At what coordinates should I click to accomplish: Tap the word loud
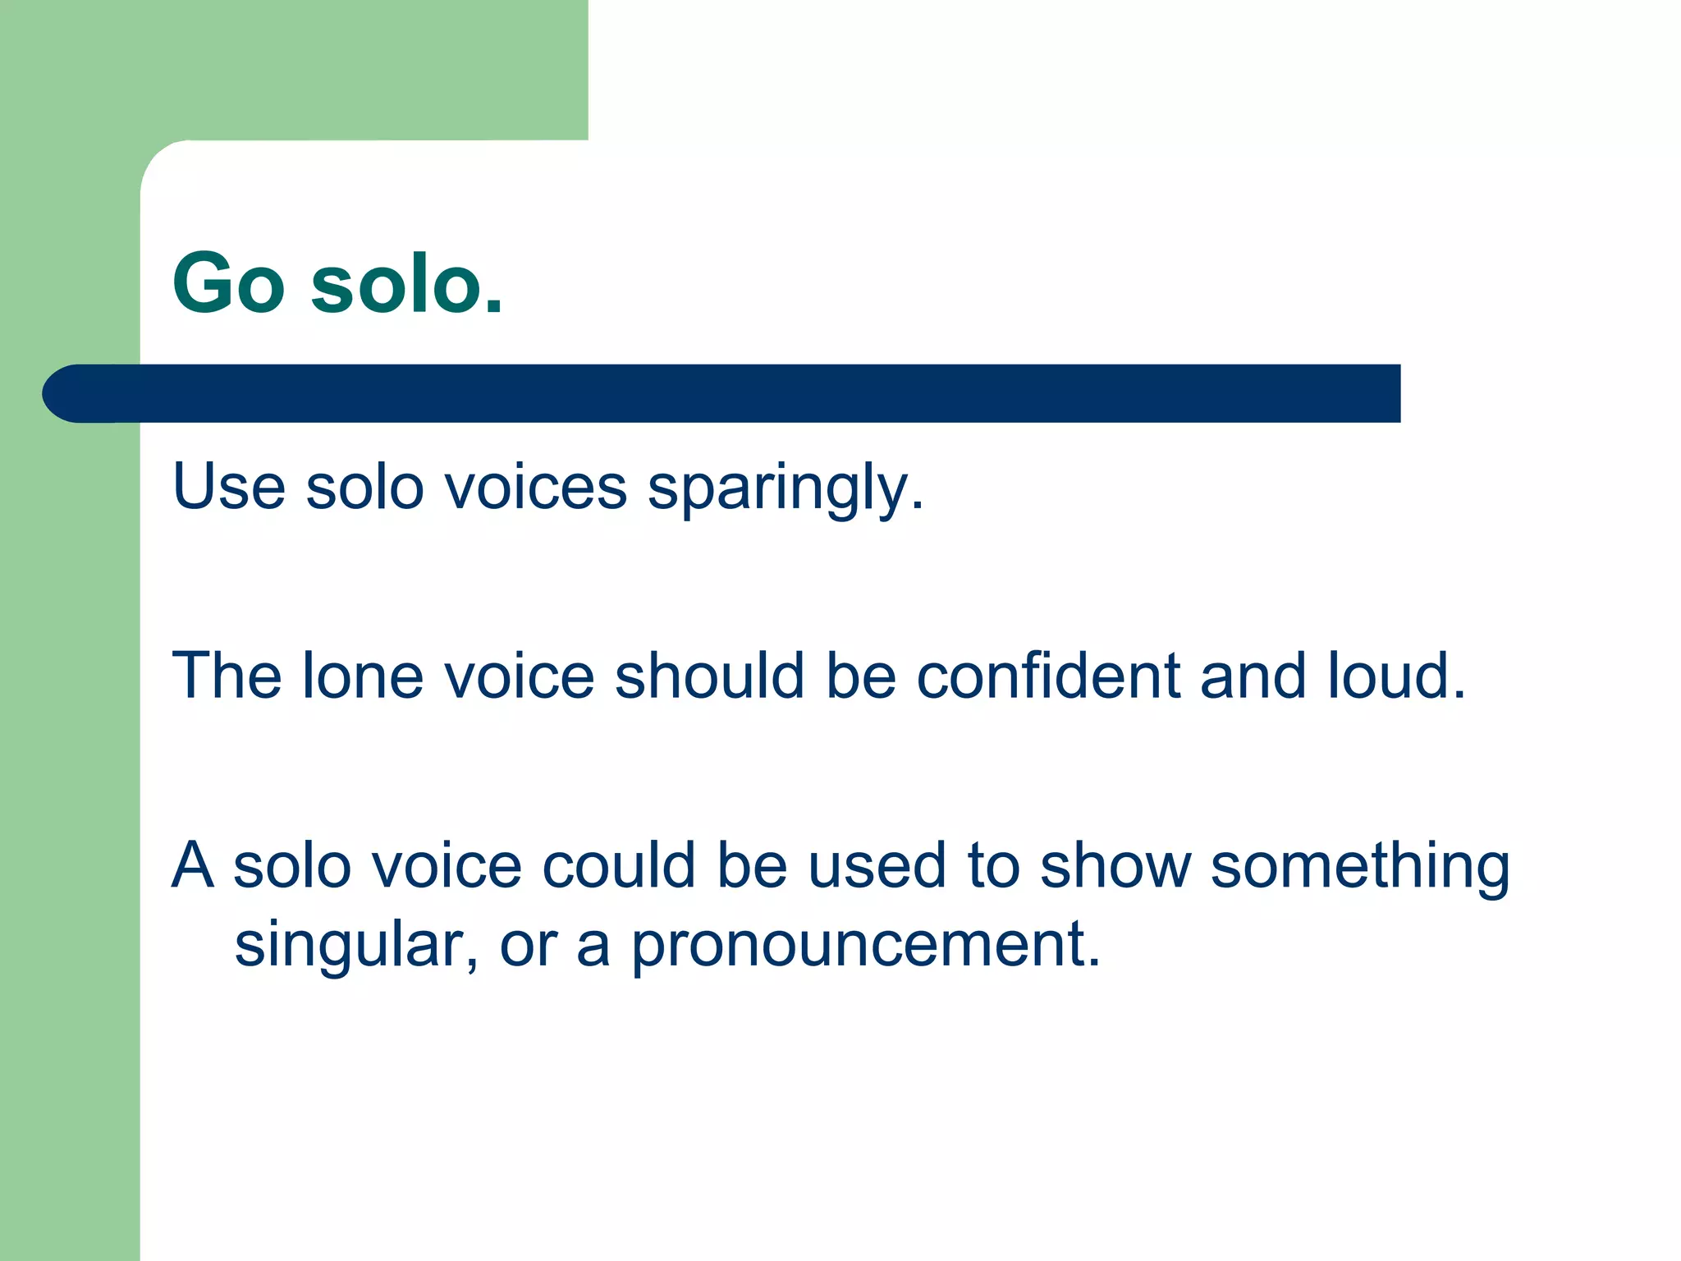(x=1395, y=676)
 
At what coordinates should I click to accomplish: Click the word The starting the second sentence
(x=227, y=676)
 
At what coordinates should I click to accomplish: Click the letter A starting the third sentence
(x=193, y=865)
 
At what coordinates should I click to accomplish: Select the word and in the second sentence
(x=1252, y=676)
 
